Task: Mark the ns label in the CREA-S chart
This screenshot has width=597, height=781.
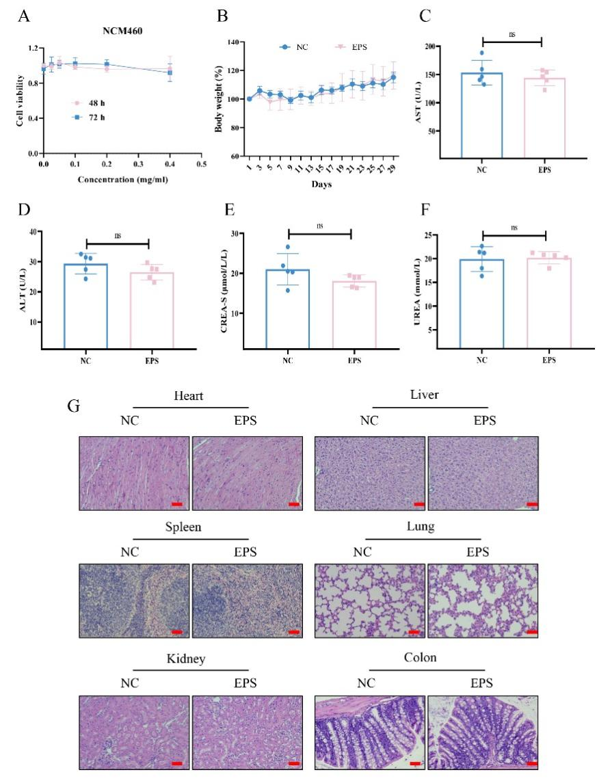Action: (x=319, y=225)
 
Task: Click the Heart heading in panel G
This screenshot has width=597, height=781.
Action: (x=189, y=396)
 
